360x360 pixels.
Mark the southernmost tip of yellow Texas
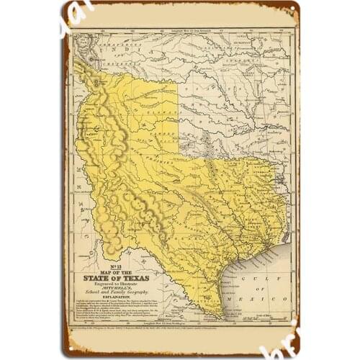[217, 315]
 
